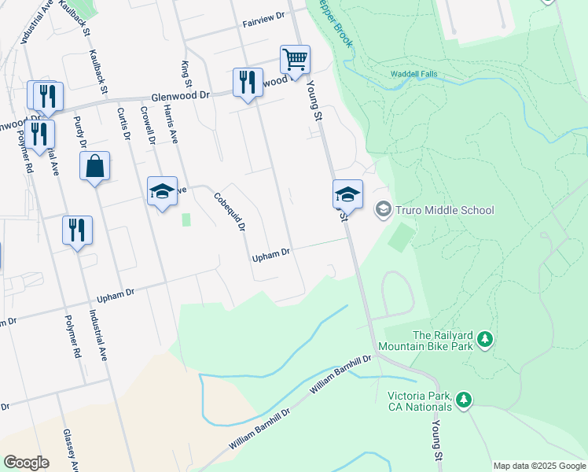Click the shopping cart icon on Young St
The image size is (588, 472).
click(295, 59)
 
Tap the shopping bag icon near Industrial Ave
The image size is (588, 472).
click(94, 166)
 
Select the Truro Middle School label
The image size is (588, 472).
click(445, 210)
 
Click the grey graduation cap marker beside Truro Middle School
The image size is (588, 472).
click(384, 209)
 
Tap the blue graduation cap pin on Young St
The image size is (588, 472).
click(348, 194)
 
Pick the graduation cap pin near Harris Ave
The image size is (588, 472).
click(163, 191)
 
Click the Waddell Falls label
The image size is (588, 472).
click(414, 75)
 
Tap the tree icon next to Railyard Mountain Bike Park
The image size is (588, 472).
click(486, 339)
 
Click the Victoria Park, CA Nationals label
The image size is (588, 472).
click(420, 401)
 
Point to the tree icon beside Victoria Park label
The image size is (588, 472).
click(465, 400)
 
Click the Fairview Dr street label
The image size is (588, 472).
click(263, 25)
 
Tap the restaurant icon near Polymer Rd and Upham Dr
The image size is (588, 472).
click(77, 230)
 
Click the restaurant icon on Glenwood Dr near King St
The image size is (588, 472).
click(247, 82)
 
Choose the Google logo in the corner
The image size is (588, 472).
click(26, 463)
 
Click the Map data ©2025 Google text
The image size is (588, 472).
click(538, 466)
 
